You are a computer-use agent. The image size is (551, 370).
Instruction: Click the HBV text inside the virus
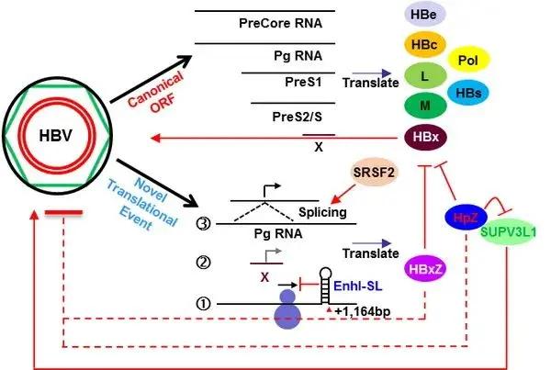(57, 135)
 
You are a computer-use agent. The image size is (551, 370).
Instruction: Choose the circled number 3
(208, 221)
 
